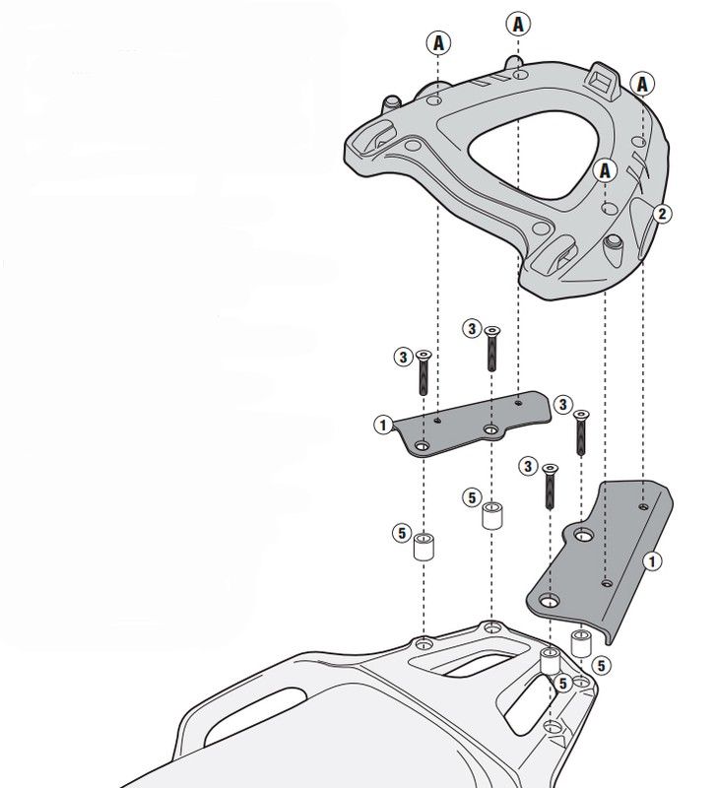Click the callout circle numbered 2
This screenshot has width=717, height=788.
click(662, 214)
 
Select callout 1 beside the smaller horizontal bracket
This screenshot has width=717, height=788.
click(383, 426)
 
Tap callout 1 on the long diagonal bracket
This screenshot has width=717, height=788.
click(652, 560)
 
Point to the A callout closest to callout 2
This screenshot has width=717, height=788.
click(606, 170)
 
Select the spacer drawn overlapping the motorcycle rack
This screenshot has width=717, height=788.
click(550, 661)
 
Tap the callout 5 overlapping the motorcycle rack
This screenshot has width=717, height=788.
click(562, 683)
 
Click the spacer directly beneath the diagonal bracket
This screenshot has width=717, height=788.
click(580, 643)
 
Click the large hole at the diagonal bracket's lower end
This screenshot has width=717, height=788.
click(550, 600)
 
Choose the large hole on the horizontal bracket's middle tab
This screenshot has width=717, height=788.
click(490, 429)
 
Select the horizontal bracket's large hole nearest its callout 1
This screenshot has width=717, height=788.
click(423, 446)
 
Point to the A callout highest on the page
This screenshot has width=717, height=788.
click(518, 24)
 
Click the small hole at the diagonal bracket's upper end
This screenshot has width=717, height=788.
click(643, 506)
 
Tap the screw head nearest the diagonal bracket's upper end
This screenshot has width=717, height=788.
click(581, 415)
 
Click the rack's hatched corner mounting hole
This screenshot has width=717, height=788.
click(553, 726)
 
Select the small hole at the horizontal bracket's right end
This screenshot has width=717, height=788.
click(519, 402)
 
